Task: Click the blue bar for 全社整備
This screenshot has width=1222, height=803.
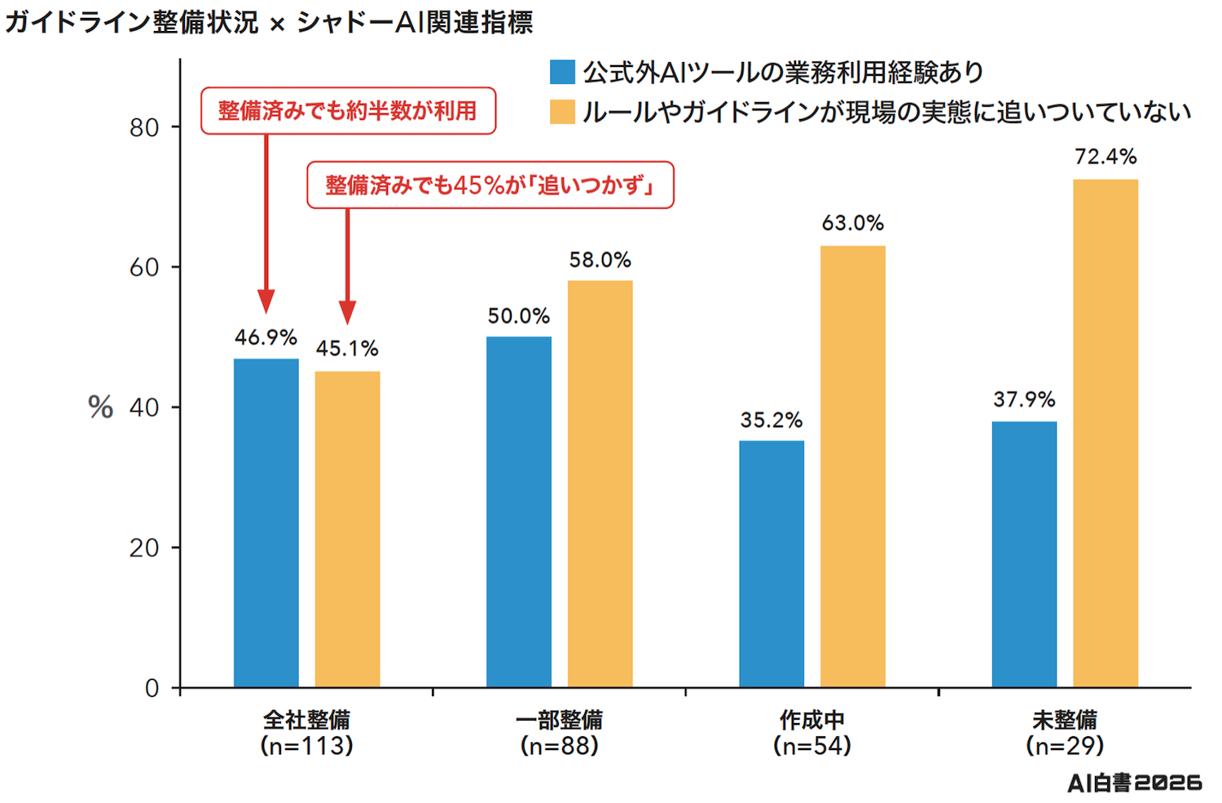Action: coord(266,523)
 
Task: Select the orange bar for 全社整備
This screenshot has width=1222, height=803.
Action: coord(348,530)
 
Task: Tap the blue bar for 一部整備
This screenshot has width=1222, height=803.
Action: coord(519,512)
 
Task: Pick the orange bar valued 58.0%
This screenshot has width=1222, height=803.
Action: coord(600,484)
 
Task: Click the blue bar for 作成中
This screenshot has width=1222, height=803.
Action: coord(771,564)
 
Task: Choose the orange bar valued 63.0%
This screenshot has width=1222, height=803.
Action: coord(853,467)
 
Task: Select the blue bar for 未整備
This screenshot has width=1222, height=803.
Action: coord(1024,554)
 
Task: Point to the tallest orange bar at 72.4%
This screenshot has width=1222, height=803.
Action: coord(1106,434)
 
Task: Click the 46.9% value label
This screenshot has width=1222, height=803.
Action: coord(266,338)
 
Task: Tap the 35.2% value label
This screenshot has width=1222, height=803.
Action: coord(771,420)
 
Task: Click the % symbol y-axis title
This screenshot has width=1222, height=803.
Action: coord(100,408)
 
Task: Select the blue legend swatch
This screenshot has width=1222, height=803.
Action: coord(562,72)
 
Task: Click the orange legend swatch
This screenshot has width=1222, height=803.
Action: coord(562,112)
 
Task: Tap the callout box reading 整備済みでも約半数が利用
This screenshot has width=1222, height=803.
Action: coord(348,111)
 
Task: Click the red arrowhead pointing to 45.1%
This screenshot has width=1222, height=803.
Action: coord(348,312)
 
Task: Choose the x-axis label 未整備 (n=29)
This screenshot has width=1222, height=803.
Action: coord(1065,733)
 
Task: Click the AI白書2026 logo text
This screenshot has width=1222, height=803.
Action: coord(1135,783)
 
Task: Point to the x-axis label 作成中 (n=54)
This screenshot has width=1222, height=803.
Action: coord(812,733)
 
